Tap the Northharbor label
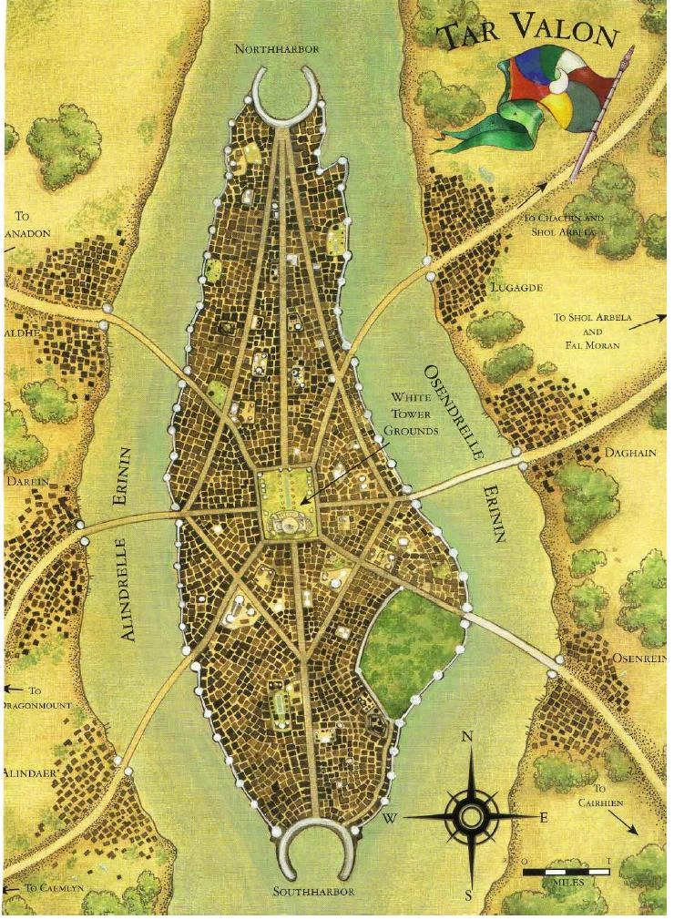pyautogui.click(x=277, y=49)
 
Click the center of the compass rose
pyautogui.click(x=469, y=815)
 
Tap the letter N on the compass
pyautogui.click(x=468, y=737)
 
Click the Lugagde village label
pyautogui.click(x=516, y=287)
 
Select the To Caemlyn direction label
pyautogui.click(x=55, y=886)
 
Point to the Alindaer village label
pyautogui.click(x=31, y=772)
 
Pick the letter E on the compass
pyautogui.click(x=544, y=817)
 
